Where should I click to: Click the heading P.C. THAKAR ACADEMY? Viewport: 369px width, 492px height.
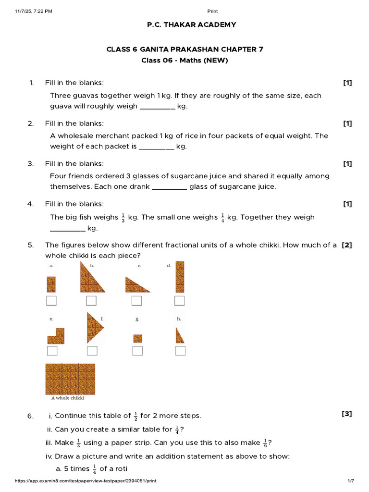(x=191, y=25)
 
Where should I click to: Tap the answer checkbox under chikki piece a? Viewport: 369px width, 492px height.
(x=51, y=301)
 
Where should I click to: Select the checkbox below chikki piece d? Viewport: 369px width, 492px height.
(x=180, y=301)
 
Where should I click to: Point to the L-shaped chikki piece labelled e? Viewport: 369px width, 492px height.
(x=55, y=336)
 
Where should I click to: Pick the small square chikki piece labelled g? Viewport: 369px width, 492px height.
(x=137, y=338)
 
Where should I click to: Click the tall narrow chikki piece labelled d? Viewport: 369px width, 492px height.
(x=180, y=276)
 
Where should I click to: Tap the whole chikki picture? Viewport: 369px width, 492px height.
(x=70, y=379)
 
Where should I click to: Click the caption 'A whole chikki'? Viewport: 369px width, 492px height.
(x=67, y=398)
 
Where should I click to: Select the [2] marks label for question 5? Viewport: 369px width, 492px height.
(x=347, y=245)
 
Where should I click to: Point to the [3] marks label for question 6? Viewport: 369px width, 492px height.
(x=347, y=414)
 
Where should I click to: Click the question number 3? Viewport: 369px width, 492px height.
(x=31, y=163)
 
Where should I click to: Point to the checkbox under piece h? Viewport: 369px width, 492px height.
(x=180, y=351)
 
